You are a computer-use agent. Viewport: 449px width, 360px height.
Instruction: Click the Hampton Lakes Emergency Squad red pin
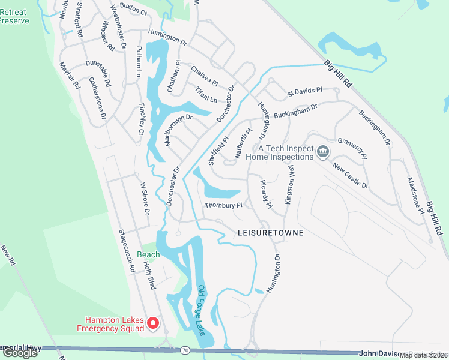coord(153,323)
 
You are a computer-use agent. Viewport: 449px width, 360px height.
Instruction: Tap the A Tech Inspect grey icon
coord(323,151)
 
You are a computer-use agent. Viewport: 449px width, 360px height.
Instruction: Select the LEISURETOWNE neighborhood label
coord(270,232)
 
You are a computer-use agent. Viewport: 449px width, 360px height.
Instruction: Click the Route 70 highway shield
coord(185,349)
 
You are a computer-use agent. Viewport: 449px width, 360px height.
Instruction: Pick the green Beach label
coord(148,254)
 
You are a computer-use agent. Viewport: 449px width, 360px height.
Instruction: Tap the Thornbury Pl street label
coord(223,205)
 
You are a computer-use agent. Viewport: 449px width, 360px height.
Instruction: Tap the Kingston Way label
coord(291,185)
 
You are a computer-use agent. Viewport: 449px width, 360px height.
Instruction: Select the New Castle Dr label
coord(350,176)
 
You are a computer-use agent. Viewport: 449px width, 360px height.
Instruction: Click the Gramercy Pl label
coord(352,147)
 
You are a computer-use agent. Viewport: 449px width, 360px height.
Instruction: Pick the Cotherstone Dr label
coord(97,97)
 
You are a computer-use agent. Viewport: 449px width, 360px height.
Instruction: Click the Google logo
coord(20,353)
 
